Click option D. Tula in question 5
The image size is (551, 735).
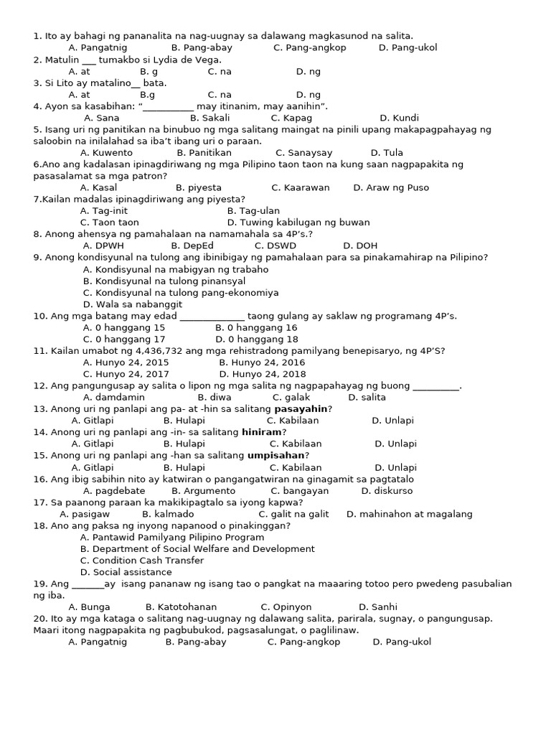click(x=387, y=153)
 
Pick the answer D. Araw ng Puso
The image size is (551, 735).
click(x=391, y=188)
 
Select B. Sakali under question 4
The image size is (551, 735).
click(x=209, y=118)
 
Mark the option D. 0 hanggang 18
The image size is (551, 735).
click(x=256, y=340)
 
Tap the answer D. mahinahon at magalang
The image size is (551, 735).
click(x=409, y=514)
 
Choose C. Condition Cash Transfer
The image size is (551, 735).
click(x=142, y=561)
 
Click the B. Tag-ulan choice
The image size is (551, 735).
click(x=253, y=211)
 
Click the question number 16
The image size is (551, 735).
click(x=39, y=479)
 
